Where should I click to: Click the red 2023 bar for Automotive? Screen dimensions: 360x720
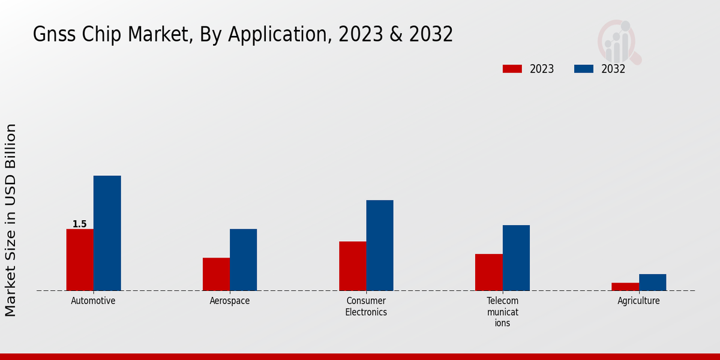tap(80, 260)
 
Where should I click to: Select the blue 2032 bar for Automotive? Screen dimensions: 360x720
tap(107, 233)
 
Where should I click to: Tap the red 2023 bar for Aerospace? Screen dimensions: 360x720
tap(216, 274)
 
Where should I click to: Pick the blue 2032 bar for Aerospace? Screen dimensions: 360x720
tap(243, 260)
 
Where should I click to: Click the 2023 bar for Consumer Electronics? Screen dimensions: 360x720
tap(352, 266)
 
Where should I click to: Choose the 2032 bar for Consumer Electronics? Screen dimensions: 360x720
tap(380, 245)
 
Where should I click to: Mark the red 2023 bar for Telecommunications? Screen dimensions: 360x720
tap(488, 272)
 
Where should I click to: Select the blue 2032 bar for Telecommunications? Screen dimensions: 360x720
tap(516, 258)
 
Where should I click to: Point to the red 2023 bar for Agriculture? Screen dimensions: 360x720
tap(625, 287)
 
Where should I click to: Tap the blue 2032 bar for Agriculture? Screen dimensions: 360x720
tap(652, 283)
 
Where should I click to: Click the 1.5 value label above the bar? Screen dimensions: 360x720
tap(79, 224)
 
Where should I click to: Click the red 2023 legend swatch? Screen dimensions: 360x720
tap(512, 69)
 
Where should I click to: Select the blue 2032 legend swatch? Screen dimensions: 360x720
tap(583, 69)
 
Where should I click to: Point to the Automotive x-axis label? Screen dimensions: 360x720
tap(93, 301)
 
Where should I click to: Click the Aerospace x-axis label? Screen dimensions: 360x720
tap(230, 301)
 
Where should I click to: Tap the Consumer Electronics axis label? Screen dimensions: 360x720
tap(366, 306)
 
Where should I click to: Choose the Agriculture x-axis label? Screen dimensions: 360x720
tap(638, 301)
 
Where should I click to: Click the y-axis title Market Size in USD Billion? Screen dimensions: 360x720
tap(11, 220)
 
